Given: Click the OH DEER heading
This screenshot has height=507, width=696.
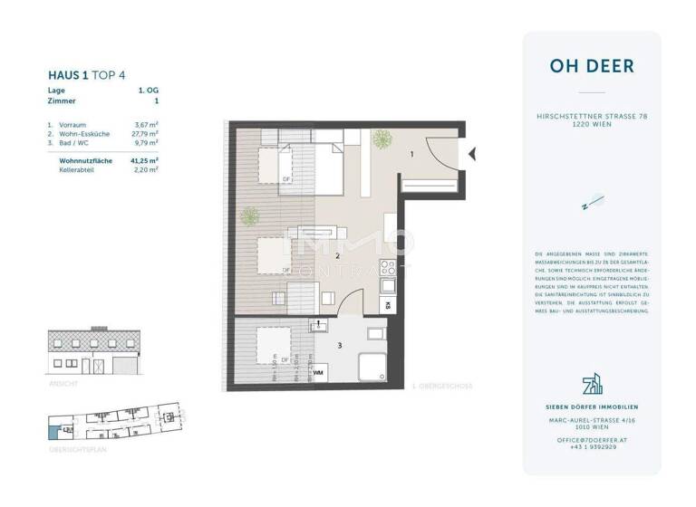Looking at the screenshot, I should (x=591, y=66).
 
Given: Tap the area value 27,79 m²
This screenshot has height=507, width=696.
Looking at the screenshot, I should (x=145, y=134).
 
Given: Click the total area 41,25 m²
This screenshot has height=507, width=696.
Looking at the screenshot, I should (x=144, y=159).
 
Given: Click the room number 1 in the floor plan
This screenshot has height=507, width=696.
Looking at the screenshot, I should (x=411, y=155).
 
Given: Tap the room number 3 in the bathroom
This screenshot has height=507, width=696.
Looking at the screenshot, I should (x=340, y=345).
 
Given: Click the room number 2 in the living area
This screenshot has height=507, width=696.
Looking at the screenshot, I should (x=337, y=256).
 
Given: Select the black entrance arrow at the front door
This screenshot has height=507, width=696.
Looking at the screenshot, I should (x=470, y=155).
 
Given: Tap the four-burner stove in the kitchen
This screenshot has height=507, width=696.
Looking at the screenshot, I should (x=387, y=268).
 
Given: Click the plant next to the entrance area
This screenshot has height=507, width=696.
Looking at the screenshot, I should (x=382, y=139).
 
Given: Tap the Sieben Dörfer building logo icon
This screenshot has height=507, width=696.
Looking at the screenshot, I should (x=592, y=386).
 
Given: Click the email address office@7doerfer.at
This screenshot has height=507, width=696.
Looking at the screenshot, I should (x=592, y=438).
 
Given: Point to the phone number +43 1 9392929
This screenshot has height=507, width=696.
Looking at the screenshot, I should (x=592, y=446).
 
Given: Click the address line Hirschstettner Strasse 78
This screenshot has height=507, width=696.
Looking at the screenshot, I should (x=592, y=117).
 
